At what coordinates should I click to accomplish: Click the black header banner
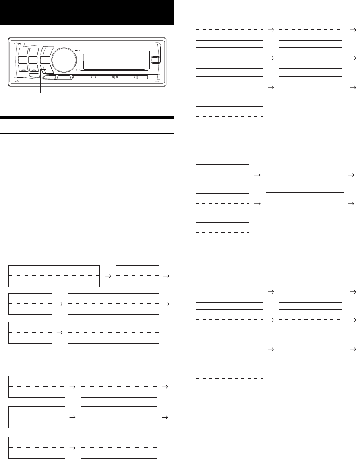click(x=87, y=12)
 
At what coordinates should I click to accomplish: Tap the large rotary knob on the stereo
click(x=62, y=59)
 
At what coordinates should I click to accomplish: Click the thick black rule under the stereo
click(x=87, y=118)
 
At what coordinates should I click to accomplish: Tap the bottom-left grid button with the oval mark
click(x=23, y=69)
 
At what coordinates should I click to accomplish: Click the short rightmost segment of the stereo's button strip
click(x=142, y=77)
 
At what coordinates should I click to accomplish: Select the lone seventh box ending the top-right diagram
click(x=229, y=117)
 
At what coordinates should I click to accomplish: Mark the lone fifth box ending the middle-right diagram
click(x=222, y=233)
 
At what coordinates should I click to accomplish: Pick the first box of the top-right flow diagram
click(x=229, y=29)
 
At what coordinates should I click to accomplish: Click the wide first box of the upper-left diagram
click(x=54, y=276)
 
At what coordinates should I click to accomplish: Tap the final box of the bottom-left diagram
click(x=119, y=447)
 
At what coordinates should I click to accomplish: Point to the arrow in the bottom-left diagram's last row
click(x=72, y=447)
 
